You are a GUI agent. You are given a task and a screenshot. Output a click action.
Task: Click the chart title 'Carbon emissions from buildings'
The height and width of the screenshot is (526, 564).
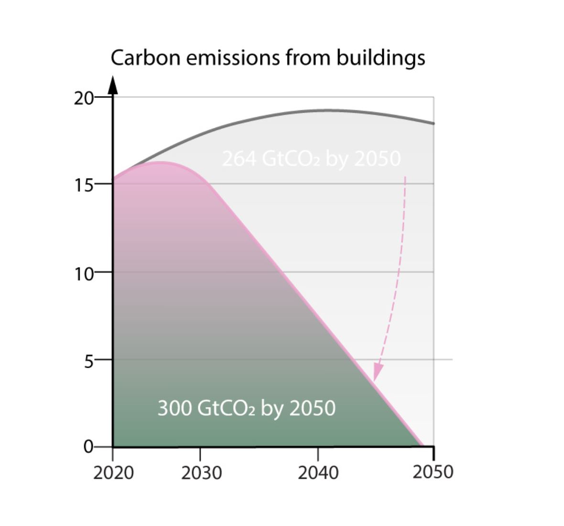pos(268,58)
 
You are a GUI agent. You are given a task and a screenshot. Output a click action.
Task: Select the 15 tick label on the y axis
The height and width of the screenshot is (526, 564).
pos(83,184)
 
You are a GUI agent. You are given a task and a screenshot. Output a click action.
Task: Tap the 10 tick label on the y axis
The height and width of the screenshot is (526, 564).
pos(83,273)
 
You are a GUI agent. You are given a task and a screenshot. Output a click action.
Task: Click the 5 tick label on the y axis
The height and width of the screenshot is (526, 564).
pos(88,360)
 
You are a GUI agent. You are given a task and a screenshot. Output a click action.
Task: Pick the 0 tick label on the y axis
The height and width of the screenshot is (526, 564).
pos(88,447)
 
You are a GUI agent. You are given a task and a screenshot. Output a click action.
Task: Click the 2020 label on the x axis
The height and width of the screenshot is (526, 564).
pos(113,473)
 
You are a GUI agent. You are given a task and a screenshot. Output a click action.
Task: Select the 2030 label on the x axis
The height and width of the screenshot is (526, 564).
pos(201,473)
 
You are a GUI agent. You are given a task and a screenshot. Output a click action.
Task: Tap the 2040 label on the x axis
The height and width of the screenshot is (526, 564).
pos(318,473)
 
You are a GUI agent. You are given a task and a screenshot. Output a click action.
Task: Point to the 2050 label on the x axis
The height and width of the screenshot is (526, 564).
pos(433,472)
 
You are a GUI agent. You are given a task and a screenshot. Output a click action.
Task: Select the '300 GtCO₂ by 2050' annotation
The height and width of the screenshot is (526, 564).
pos(247,409)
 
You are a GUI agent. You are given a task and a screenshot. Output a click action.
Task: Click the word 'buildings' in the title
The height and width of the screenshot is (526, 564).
pos(380,58)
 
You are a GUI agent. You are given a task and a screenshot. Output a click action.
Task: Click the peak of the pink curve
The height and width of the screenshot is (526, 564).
pos(158,163)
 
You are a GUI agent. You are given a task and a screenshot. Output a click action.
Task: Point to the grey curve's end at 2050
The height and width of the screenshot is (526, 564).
pos(433,124)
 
